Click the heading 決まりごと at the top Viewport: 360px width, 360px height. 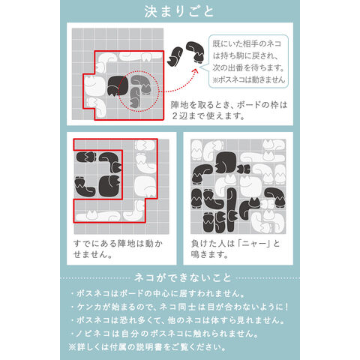coord(179,11)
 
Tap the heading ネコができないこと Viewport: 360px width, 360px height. coord(182,278)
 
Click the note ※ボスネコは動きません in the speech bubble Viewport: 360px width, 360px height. coord(249,79)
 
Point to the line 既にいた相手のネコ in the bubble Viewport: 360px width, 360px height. coord(247,43)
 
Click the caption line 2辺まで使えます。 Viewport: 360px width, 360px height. coord(208,116)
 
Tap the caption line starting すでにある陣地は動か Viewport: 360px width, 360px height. coord(118,244)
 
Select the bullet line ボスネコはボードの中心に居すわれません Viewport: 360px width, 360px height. coord(158,293)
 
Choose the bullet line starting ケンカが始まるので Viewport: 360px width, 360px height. coord(180,307)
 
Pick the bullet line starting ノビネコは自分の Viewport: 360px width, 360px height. coord(164,334)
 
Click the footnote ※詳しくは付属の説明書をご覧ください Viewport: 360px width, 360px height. coord(148,347)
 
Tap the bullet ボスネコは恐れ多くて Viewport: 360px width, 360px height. coord(178,320)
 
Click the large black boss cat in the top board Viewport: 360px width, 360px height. coord(118,85)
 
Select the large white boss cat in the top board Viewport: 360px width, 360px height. coord(94,86)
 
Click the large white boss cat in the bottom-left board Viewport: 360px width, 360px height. coord(145,186)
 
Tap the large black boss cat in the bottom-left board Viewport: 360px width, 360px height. coord(109,186)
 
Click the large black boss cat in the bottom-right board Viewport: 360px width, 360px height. coord(226,163)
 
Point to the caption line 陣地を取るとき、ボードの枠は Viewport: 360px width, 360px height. coord(229,105)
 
